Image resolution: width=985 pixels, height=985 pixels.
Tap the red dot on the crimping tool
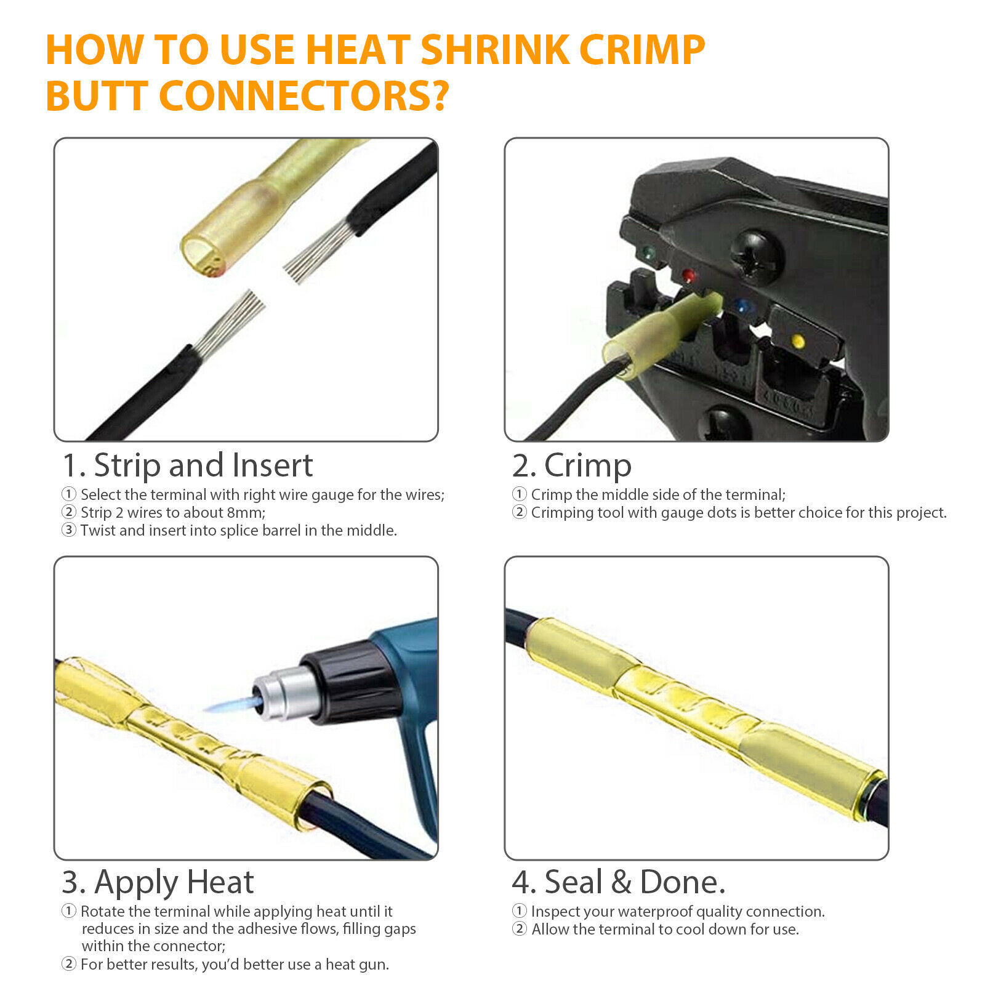689,276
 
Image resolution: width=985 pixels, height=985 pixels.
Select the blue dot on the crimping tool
743,306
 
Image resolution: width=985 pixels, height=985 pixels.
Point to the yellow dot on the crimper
798,340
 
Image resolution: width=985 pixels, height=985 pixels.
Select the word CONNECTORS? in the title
304,96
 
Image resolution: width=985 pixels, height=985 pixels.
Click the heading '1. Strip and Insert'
187,465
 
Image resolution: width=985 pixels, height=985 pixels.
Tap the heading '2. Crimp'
572,466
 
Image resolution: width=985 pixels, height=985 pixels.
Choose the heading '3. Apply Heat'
158,883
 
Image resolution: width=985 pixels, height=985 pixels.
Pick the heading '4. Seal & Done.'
619,882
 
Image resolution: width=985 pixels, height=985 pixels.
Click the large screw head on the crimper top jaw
757,255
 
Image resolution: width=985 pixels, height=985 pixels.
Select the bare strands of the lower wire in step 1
229,324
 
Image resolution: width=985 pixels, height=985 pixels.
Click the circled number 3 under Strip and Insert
69,530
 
